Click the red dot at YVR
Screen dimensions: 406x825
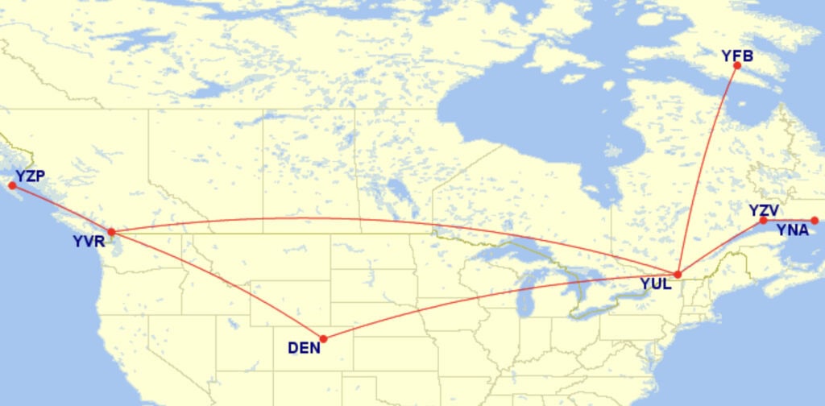[x=111, y=232]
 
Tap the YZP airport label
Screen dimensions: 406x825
[x=29, y=176]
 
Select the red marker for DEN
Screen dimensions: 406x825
[x=323, y=339]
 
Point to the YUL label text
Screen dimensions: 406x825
[x=655, y=284]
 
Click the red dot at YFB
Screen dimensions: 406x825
[x=737, y=65]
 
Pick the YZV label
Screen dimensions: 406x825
[x=763, y=210]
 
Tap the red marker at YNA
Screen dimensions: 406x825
[x=815, y=221]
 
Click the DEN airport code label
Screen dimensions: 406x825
[x=304, y=348]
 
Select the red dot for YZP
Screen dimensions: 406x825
[x=11, y=186]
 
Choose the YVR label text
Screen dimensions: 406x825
[x=88, y=241]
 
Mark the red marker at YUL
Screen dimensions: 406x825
[x=678, y=275]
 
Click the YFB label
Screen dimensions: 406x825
[x=737, y=56]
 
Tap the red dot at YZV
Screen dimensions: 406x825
[x=763, y=220]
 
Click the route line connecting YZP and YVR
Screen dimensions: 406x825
[x=61, y=209]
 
